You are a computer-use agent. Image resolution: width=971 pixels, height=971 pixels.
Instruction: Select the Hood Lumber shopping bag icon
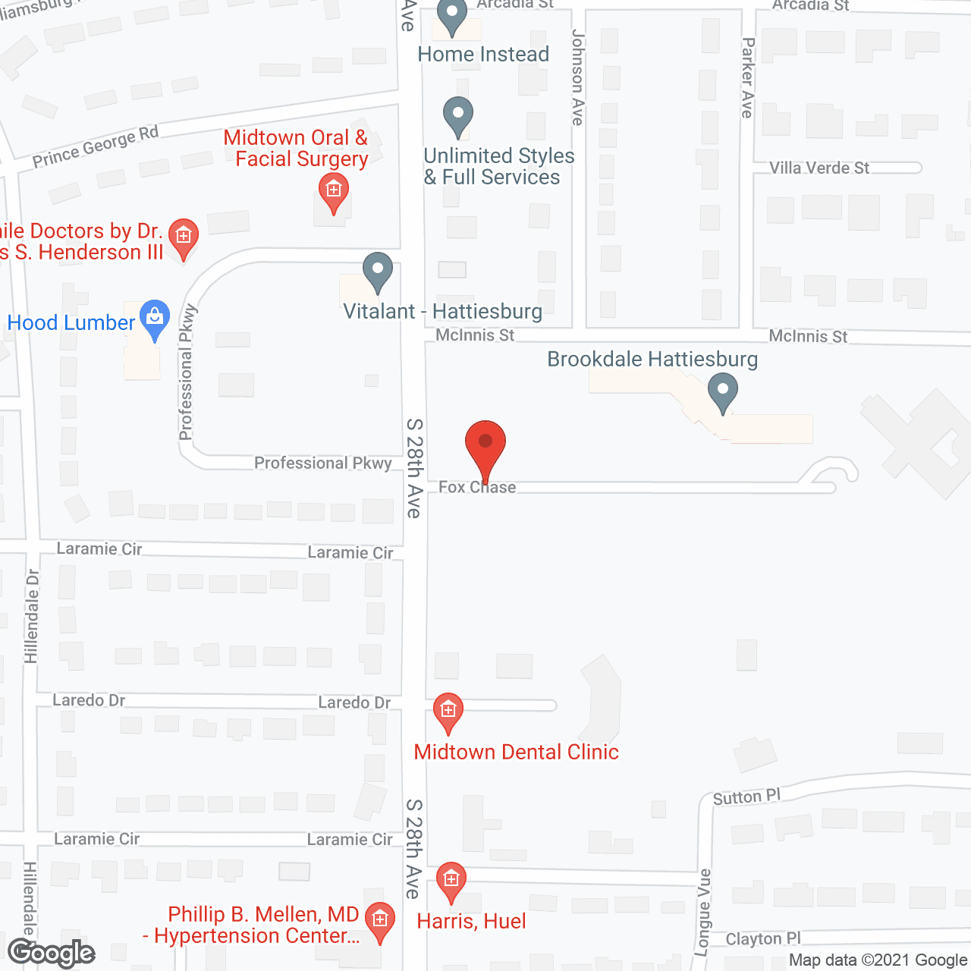tap(155, 318)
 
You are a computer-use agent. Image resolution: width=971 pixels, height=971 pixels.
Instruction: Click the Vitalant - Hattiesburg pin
tap(377, 270)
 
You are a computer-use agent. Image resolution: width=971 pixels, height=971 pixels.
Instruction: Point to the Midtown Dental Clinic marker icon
tap(448, 712)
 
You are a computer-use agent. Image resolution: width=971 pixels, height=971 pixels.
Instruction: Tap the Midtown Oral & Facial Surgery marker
tap(333, 190)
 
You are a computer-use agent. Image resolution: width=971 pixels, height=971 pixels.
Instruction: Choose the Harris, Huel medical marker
tap(451, 881)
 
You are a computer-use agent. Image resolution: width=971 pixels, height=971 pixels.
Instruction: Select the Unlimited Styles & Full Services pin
tap(457, 115)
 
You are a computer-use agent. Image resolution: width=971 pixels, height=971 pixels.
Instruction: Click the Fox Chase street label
tap(477, 488)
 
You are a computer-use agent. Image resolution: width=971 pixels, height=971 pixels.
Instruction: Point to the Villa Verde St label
tap(819, 168)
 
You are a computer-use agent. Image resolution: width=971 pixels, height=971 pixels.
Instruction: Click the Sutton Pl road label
tap(746, 797)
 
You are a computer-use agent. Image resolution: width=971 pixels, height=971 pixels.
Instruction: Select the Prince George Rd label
tap(96, 146)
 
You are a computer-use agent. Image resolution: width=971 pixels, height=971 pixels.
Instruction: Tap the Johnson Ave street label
tap(578, 77)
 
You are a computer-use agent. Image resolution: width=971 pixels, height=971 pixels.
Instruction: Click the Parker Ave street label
tap(748, 77)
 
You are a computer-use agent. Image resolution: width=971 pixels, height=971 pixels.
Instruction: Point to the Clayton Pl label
tap(763, 939)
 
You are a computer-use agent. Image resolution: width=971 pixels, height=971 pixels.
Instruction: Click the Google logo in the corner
tap(52, 953)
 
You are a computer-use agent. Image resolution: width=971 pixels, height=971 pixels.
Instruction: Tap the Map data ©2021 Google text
tap(878, 960)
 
